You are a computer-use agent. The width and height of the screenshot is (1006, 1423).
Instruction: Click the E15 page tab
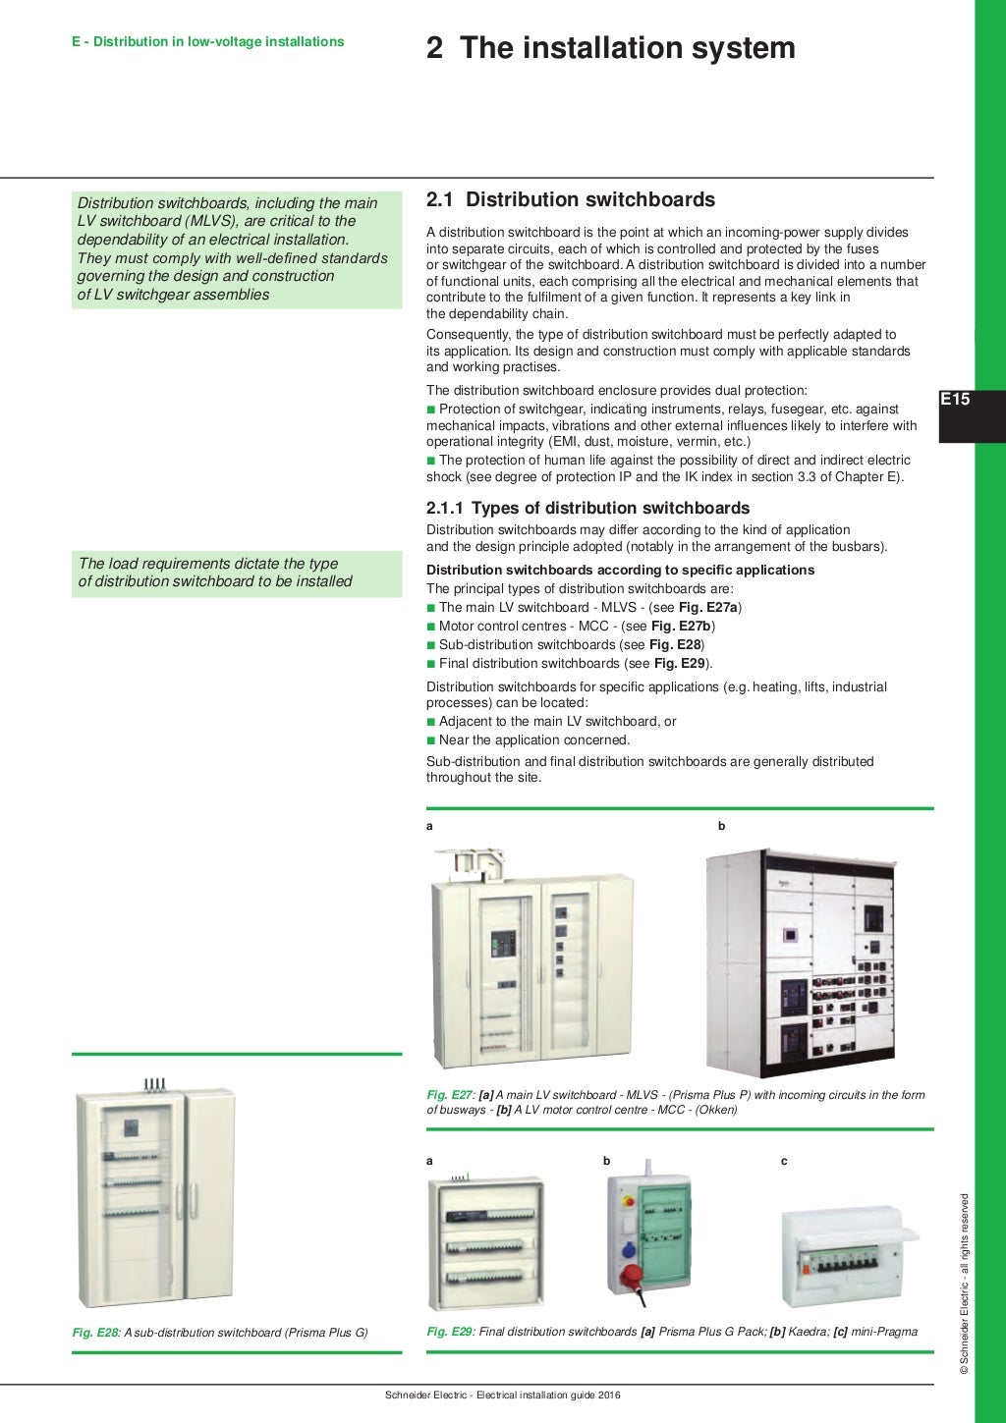click(955, 400)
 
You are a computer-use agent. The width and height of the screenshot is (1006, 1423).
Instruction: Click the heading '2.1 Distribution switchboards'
click(570, 200)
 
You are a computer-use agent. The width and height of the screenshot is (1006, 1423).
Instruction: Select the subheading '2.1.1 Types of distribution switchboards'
click(587, 508)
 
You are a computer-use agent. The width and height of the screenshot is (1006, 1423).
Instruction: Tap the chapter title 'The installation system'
click(627, 48)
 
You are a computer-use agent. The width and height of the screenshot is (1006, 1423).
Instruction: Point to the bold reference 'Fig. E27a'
click(707, 608)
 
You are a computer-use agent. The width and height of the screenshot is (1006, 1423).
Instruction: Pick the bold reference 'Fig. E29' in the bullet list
click(680, 664)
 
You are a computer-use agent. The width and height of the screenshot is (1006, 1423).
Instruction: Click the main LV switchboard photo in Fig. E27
click(531, 957)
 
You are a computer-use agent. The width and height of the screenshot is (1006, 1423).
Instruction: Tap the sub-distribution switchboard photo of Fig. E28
click(156, 1195)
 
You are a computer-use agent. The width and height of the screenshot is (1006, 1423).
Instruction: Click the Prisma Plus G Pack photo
click(485, 1241)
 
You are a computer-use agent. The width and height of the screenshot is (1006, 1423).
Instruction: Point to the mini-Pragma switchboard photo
click(848, 1255)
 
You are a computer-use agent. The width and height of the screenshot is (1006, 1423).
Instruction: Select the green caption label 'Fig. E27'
click(450, 1095)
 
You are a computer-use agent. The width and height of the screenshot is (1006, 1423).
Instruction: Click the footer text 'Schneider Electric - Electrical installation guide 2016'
click(502, 1396)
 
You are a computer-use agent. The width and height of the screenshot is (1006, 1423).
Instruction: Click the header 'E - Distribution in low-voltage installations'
click(207, 42)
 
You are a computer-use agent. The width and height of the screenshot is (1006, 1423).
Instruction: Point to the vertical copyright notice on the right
click(965, 1283)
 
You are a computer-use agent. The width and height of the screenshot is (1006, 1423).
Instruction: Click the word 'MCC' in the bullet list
click(593, 627)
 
